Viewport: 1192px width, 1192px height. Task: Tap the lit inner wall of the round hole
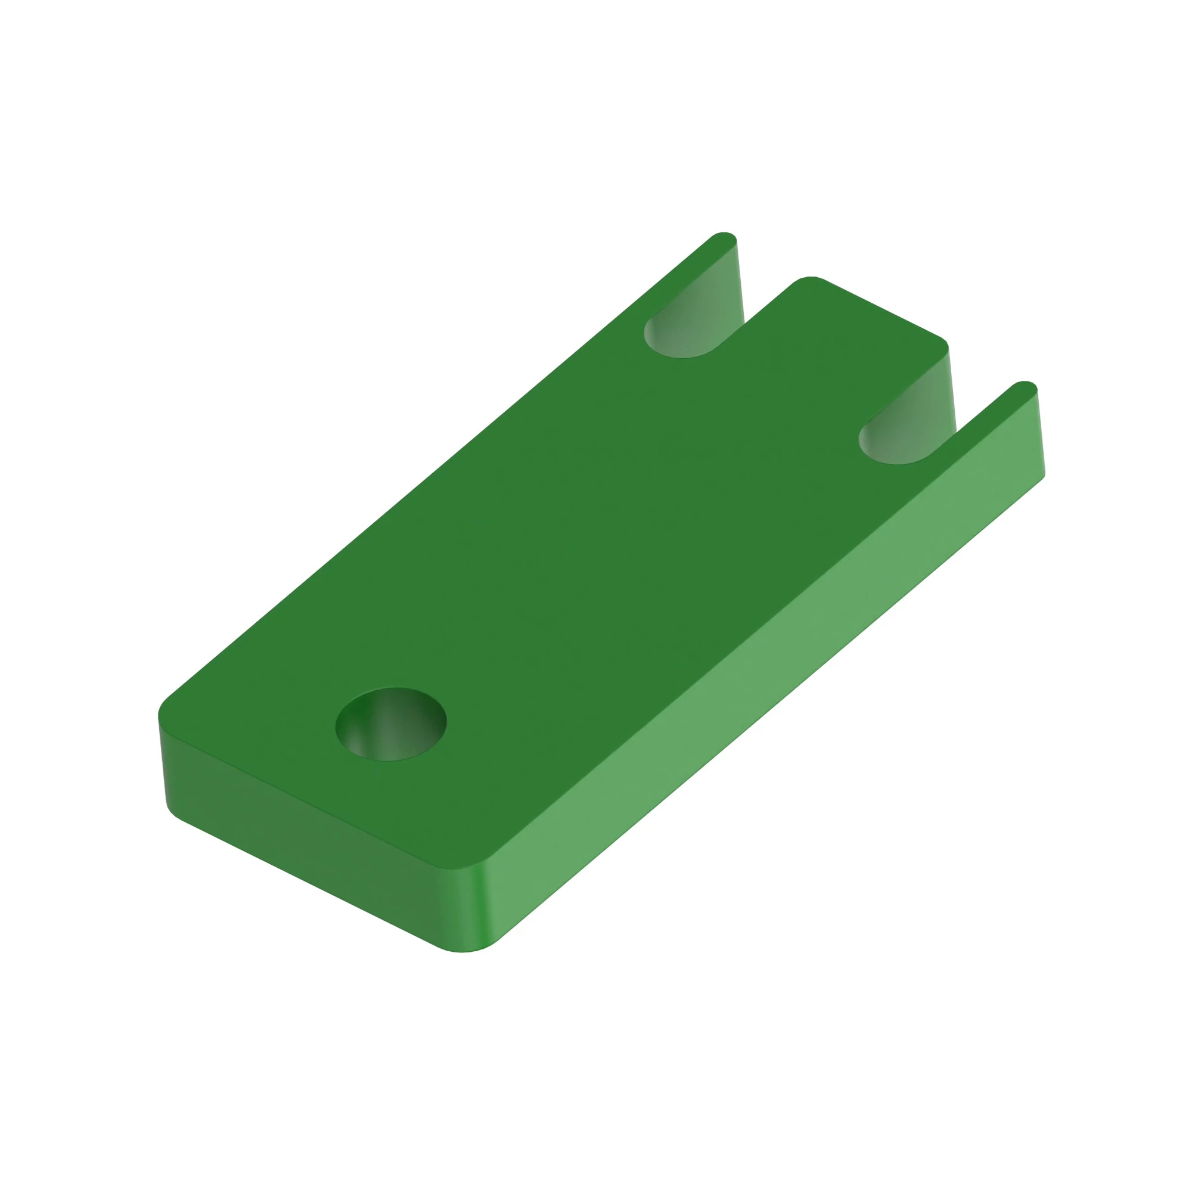pyautogui.click(x=395, y=737)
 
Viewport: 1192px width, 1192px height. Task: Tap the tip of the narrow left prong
pyautogui.click(x=724, y=238)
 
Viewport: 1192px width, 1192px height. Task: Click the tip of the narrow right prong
pyautogui.click(x=1025, y=386)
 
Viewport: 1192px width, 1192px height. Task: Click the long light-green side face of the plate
pyautogui.click(x=765, y=697)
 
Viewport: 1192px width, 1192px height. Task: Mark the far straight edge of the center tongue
pyautogui.click(x=882, y=309)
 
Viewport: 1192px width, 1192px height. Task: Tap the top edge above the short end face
pyautogui.click(x=296, y=796)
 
